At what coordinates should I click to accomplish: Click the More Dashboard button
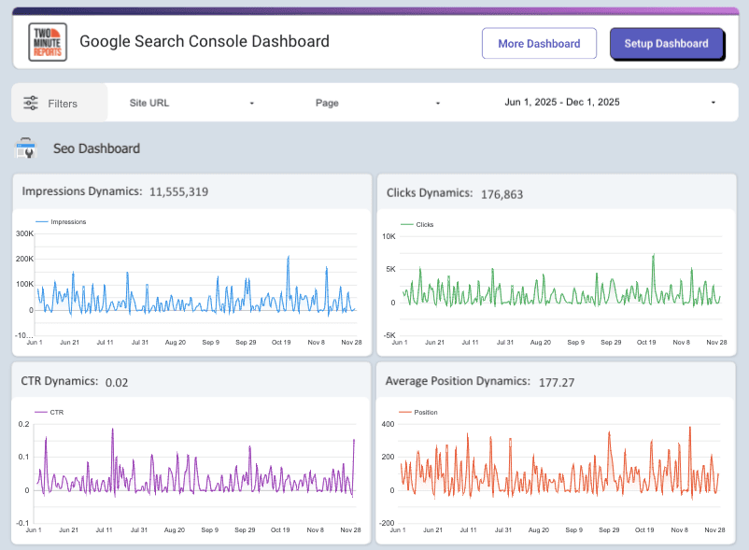pyautogui.click(x=539, y=44)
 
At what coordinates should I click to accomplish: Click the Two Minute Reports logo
pyautogui.click(x=47, y=42)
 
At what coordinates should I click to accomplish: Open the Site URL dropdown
pyautogui.click(x=191, y=103)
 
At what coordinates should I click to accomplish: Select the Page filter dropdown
pyautogui.click(x=377, y=103)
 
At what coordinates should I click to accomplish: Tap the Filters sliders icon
pyautogui.click(x=31, y=104)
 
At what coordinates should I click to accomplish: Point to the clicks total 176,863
pyautogui.click(x=502, y=194)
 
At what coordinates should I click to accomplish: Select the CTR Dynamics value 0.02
pyautogui.click(x=117, y=382)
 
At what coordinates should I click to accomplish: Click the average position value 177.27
pyautogui.click(x=556, y=382)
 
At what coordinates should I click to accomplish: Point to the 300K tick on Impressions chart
pyautogui.click(x=23, y=233)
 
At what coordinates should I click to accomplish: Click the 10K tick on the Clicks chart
pyautogui.click(x=389, y=236)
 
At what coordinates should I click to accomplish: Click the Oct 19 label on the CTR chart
pyautogui.click(x=280, y=530)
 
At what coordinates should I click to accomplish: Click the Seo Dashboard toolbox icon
pyautogui.click(x=26, y=148)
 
